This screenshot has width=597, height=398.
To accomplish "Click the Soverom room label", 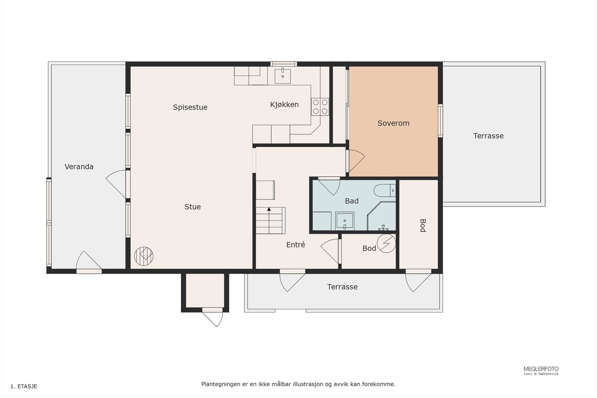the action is [x=393, y=123].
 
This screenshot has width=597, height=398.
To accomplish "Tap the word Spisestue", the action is [x=190, y=107].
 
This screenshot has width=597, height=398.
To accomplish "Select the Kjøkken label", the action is [x=284, y=104].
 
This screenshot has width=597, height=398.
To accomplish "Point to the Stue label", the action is [x=193, y=207].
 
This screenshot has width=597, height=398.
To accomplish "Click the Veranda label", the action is [x=79, y=167].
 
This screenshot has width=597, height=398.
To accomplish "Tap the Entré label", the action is [x=296, y=245].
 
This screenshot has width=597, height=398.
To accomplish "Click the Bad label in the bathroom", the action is [x=351, y=201].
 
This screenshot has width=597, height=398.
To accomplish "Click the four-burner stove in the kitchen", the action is [x=320, y=107].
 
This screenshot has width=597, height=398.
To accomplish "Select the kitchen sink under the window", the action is [x=282, y=76].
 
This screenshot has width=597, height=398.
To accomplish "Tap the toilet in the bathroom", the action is [x=385, y=191].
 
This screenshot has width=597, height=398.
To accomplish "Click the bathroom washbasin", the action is [x=345, y=221].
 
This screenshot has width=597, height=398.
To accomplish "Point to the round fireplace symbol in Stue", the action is [x=144, y=256].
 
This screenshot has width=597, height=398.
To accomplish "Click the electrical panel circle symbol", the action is [x=386, y=243].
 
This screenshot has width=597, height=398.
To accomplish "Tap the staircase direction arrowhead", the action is [x=269, y=209].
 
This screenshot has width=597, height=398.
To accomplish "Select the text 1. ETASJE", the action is [x=24, y=386].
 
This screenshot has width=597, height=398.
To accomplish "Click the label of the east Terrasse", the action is [x=488, y=136].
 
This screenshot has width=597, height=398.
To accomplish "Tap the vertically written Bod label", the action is [x=423, y=225].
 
